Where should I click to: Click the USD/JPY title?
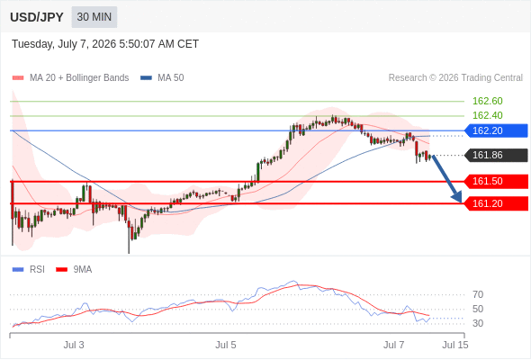coord(37,17)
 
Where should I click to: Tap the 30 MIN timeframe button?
coord(94,17)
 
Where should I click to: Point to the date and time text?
coord(105,44)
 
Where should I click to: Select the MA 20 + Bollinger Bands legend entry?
coord(70,78)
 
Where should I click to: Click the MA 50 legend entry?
coord(162,78)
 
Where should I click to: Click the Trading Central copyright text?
coord(455,78)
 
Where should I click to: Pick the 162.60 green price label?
coord(487,101)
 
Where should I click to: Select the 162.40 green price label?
coord(487,115)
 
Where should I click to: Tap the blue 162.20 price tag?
coord(496,130)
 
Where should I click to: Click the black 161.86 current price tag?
coord(496,155)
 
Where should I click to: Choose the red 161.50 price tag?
coord(496,181)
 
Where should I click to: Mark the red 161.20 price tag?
coord(496,203)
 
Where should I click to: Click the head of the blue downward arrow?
coord(461,202)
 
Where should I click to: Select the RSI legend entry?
coord(29,270)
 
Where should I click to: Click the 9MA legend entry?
coord(74,270)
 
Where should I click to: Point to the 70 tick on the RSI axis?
coord(478,294)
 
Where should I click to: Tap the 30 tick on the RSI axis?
coord(478,323)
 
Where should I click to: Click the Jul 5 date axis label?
coord(226,345)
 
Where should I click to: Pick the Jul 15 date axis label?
coord(455,345)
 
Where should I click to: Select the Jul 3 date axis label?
coord(74,345)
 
